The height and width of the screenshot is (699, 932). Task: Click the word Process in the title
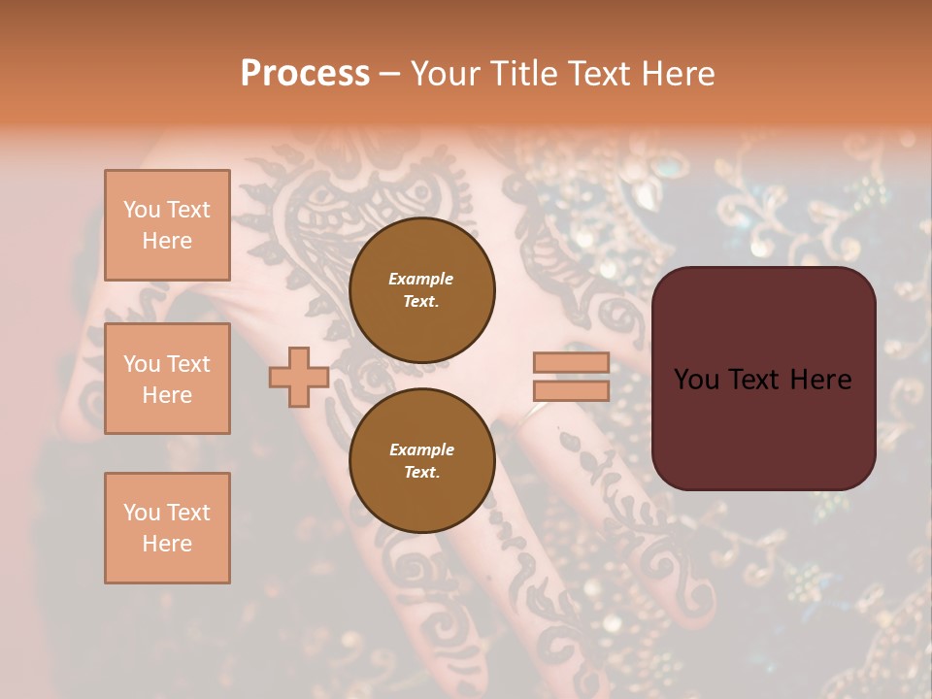pos(305,74)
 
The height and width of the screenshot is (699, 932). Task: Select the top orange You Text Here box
pos(167,225)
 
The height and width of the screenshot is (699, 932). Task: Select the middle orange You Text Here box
pos(167,379)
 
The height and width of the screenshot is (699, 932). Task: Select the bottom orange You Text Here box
pos(167,528)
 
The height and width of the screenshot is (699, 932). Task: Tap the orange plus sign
pos(298,377)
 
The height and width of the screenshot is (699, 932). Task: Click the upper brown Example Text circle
pos(422,290)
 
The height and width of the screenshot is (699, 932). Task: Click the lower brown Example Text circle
pos(422,461)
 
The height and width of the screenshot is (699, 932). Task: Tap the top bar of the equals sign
pos(571,363)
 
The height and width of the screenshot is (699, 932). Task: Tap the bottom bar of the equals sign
pos(571,390)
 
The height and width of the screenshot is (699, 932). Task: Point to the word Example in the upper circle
pos(421,279)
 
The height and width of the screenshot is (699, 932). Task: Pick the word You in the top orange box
pos(142,210)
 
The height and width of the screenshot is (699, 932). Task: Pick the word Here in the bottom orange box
pos(167,544)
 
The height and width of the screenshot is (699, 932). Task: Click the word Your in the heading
pos(446,74)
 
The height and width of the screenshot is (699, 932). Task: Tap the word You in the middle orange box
pos(142,364)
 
